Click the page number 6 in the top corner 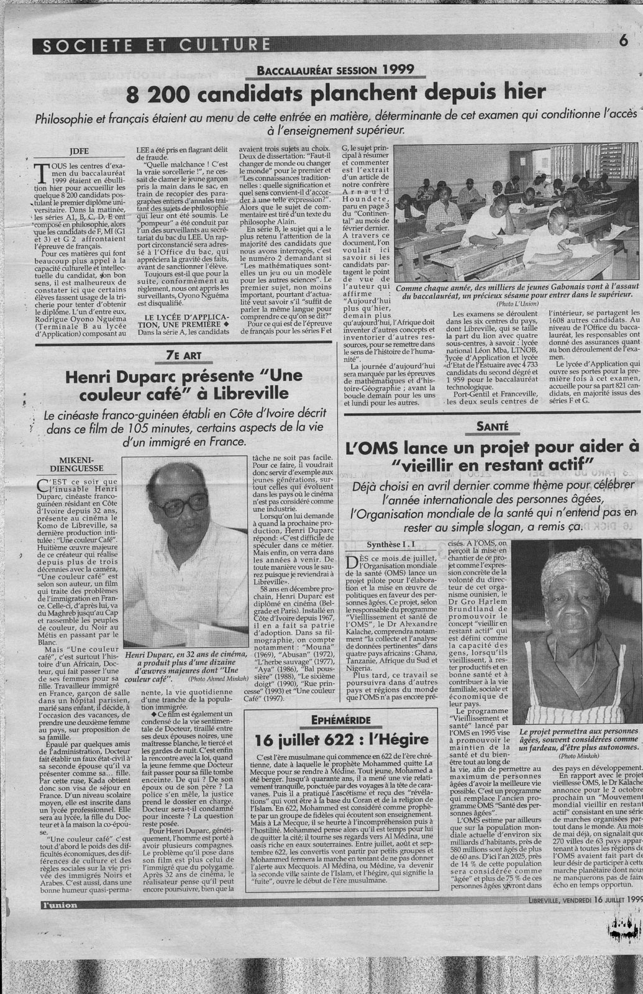coord(622,42)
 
